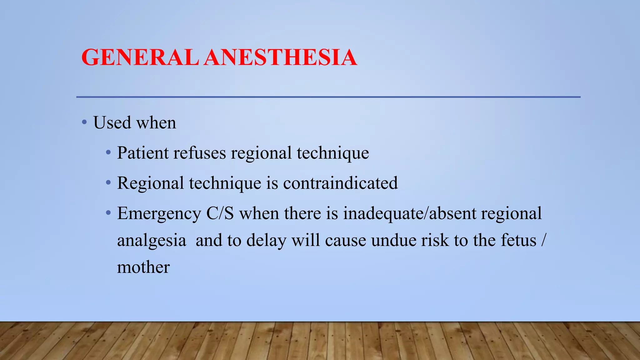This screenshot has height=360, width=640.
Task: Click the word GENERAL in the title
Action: tap(140, 57)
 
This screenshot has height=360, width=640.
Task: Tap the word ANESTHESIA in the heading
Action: tap(280, 57)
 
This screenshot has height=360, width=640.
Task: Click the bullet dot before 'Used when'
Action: tap(84, 122)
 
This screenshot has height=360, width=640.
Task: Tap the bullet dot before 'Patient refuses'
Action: tap(108, 152)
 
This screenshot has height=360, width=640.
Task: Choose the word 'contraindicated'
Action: tap(340, 183)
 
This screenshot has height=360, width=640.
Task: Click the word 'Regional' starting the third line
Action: tap(150, 183)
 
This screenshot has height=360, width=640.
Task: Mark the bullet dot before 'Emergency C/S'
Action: tap(108, 213)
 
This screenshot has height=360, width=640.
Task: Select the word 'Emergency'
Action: tap(159, 214)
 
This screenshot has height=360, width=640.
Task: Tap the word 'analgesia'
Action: tap(152, 241)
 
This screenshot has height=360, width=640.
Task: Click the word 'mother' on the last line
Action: tap(143, 267)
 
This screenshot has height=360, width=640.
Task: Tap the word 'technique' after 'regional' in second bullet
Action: tap(333, 153)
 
